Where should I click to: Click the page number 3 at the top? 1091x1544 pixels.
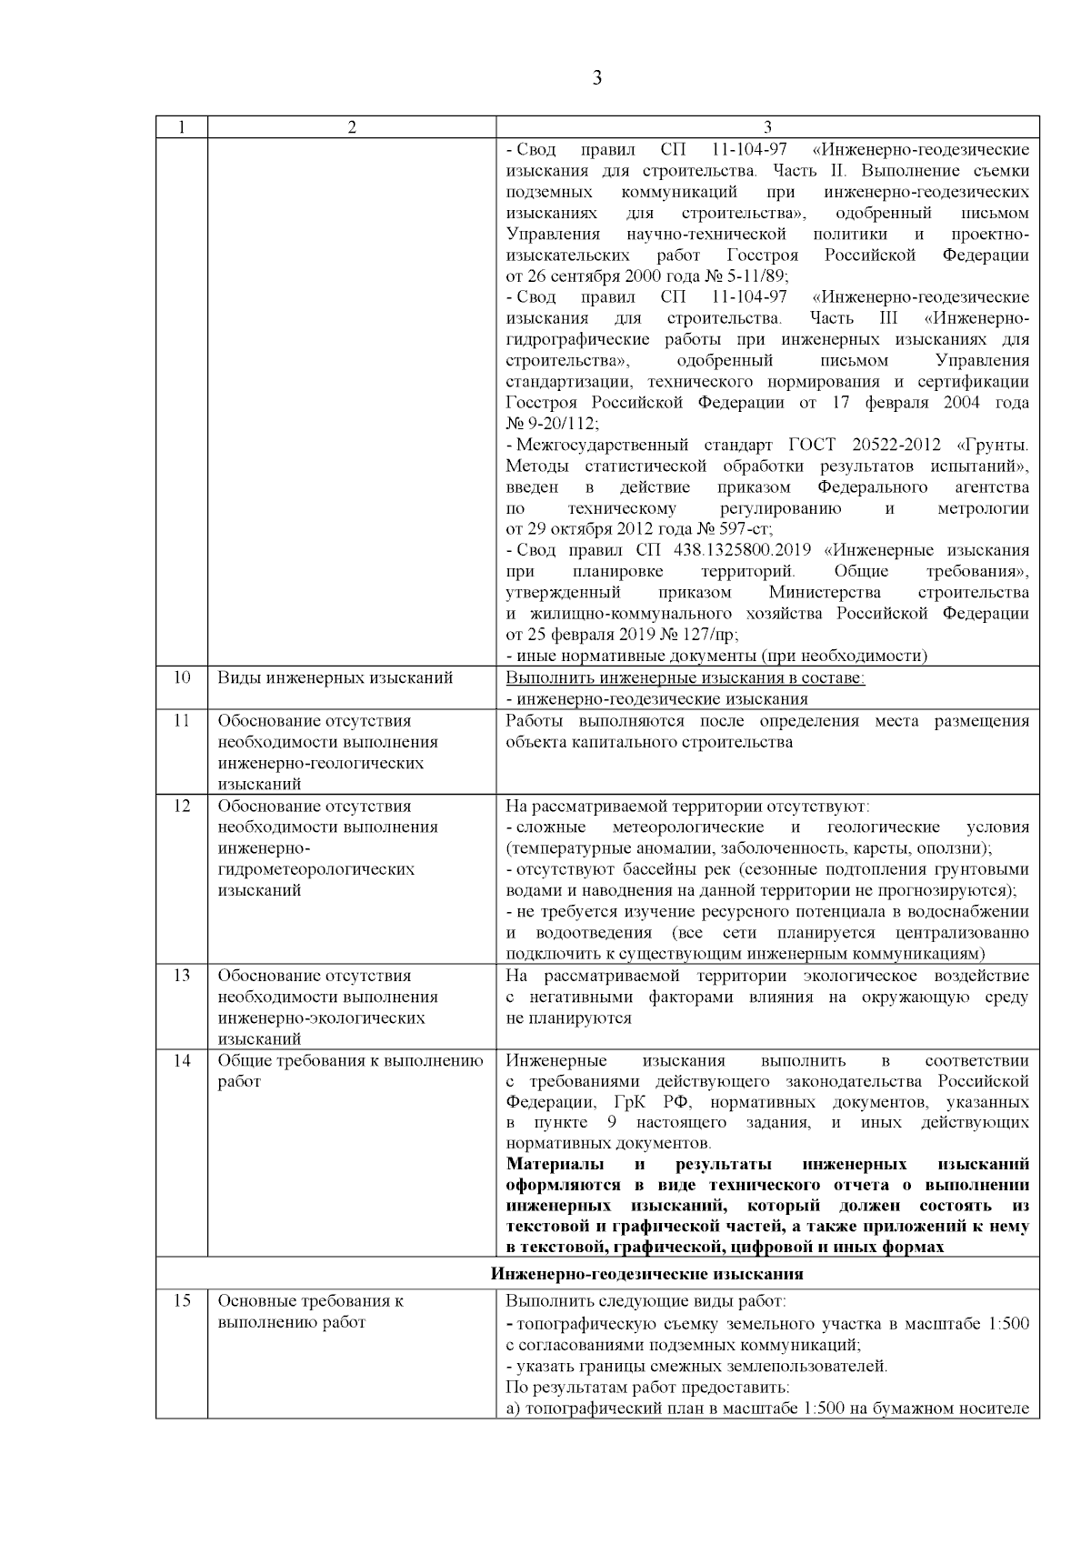point(596,78)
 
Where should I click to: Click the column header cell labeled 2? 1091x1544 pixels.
point(352,127)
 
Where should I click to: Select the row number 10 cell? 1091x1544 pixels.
point(182,678)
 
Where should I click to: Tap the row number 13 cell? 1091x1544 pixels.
point(182,976)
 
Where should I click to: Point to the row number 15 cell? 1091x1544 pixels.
point(182,1301)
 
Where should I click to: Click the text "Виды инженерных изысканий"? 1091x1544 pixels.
point(335,678)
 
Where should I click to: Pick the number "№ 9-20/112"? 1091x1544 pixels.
point(551,424)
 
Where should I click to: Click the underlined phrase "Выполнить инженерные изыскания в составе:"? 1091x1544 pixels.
point(685,678)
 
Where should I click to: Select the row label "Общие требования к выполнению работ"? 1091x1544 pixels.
point(350,1071)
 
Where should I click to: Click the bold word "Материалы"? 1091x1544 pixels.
point(550,1165)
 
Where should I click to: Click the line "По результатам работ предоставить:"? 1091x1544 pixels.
point(646,1388)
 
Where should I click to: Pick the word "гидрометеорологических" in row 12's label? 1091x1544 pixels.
point(315,869)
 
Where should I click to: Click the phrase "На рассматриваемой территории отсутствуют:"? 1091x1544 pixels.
point(687,807)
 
